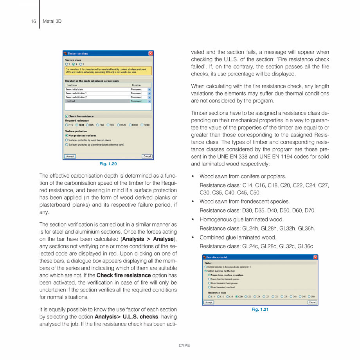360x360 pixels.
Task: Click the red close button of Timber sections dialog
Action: [x=150, y=54]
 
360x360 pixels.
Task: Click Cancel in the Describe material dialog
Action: [x=312, y=302]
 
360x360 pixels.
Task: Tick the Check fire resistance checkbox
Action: [x=67, y=116]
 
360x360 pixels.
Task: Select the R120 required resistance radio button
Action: [x=118, y=125]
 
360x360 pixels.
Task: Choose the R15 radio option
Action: [x=67, y=125]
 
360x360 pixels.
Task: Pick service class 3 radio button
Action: [x=80, y=64]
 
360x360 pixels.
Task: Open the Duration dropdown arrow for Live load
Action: [x=149, y=101]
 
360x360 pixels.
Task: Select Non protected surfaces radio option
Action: [x=67, y=135]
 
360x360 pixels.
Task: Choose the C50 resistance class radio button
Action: [x=309, y=297]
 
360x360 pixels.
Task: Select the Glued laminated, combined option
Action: [x=209, y=287]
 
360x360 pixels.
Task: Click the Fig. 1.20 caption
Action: [x=108, y=164]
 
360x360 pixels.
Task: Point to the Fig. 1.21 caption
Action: [x=260, y=310]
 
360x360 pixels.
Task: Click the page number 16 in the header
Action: [x=33, y=21]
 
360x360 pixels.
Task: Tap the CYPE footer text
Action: [x=184, y=346]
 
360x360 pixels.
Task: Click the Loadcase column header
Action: [x=72, y=85]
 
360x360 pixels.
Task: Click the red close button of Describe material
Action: [x=315, y=257]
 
